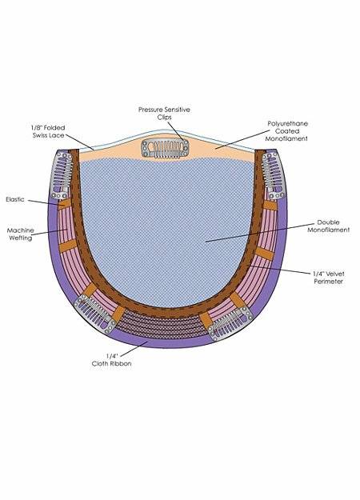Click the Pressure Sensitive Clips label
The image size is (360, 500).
(164, 114)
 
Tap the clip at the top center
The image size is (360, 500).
(165, 148)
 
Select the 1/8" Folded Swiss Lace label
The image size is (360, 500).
(48, 131)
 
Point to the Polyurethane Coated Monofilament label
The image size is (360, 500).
(286, 131)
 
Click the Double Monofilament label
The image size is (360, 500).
(329, 226)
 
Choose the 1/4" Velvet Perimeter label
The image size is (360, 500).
(329, 278)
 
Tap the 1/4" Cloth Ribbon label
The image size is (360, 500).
(112, 360)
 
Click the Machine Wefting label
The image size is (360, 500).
(21, 234)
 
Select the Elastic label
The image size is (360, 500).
(15, 199)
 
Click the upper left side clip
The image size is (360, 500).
(62, 175)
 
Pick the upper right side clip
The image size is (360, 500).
(274, 176)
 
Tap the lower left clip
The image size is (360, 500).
(94, 314)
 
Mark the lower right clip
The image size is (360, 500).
(230, 322)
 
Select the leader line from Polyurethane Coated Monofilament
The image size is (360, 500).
(242, 139)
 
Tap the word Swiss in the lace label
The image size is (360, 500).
(40, 135)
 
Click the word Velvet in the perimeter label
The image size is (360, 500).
(335, 274)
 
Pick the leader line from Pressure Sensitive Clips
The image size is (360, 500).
(176, 132)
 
